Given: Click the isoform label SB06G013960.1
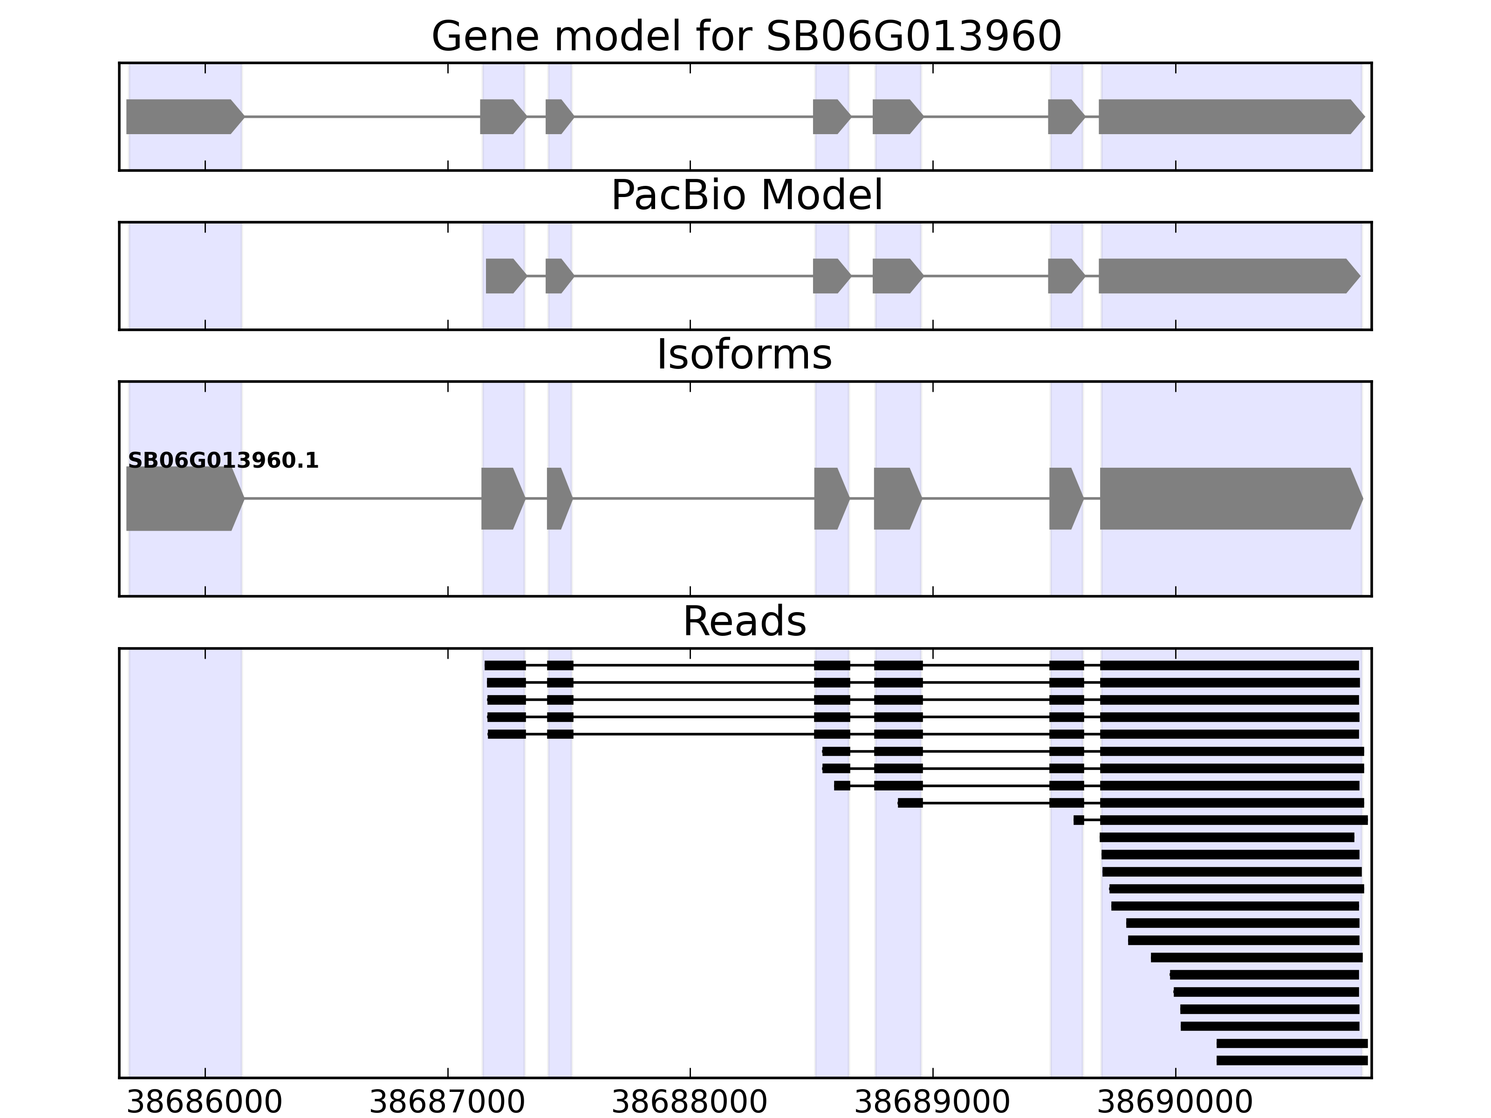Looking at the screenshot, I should [223, 461].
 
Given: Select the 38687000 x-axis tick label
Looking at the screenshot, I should [448, 1103].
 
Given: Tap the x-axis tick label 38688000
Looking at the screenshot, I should [690, 1103].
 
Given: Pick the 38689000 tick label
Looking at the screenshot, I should [932, 1103].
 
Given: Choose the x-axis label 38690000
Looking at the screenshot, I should [1175, 1103].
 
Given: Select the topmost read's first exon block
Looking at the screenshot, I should [505, 665].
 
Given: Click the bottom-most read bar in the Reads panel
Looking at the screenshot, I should [1292, 1061].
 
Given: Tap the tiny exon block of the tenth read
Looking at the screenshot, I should [1079, 820].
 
